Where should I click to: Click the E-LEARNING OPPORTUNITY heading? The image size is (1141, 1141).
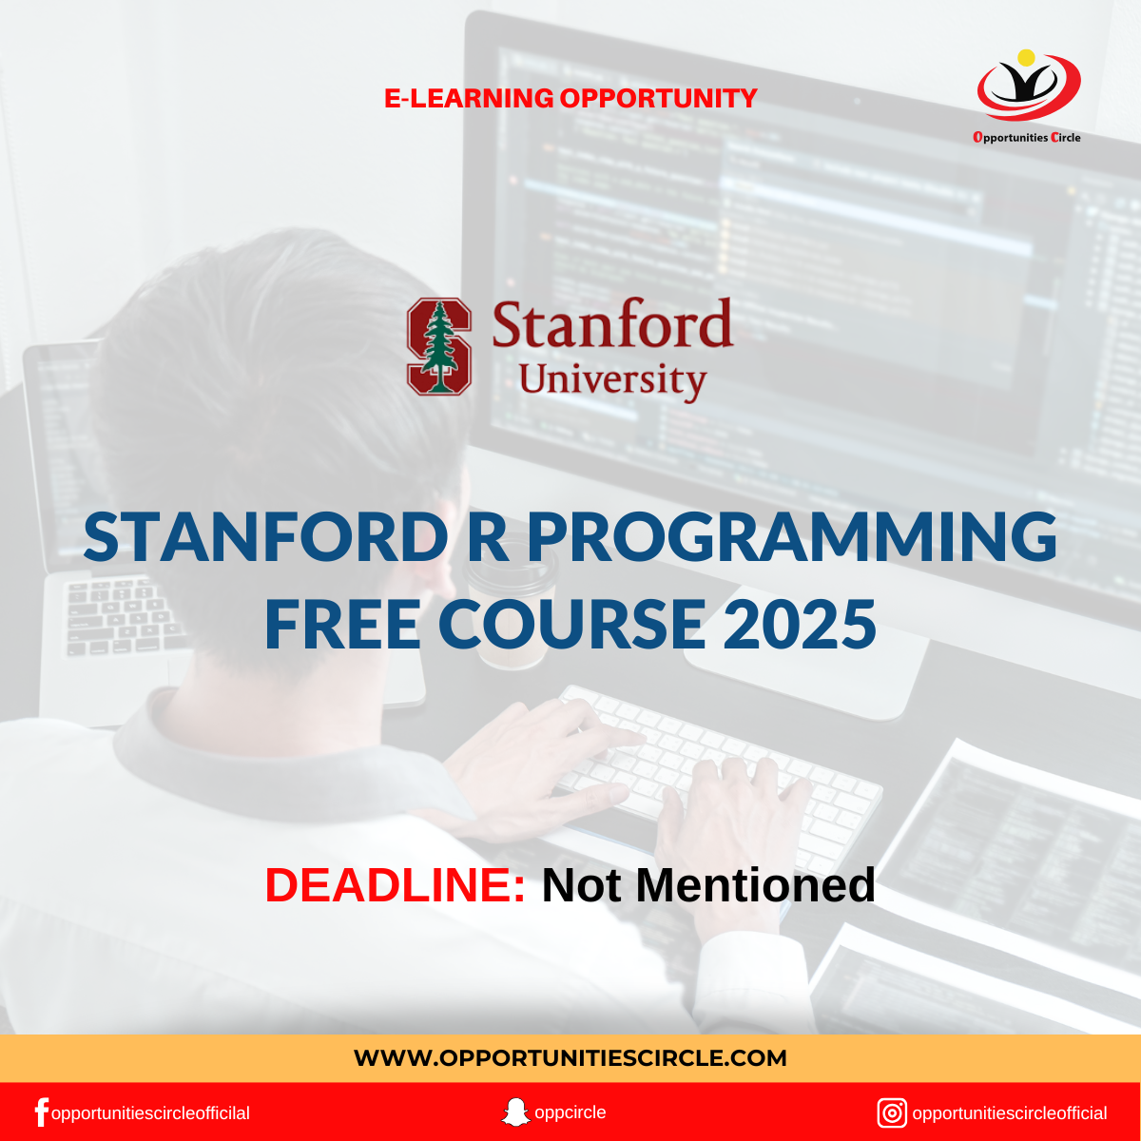[x=570, y=98]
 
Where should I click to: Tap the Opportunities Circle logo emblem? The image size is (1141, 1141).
[x=1029, y=86]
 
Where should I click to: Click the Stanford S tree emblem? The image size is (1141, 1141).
[x=438, y=346]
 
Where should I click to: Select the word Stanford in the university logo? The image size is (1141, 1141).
[x=612, y=323]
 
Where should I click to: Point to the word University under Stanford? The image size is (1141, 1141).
[x=612, y=380]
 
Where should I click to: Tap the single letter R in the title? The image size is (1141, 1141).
[x=488, y=537]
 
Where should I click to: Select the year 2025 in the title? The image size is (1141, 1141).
[x=800, y=624]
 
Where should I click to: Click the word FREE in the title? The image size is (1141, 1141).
[x=342, y=624]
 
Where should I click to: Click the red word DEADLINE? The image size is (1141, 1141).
[x=395, y=885]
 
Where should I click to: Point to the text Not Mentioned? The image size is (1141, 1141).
[x=708, y=885]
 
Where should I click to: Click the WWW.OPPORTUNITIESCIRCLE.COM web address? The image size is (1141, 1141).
[x=570, y=1058]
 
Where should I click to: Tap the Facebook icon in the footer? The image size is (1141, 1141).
[x=42, y=1112]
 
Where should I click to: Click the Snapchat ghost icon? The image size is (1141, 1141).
[x=515, y=1112]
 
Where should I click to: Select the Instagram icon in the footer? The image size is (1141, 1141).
[x=892, y=1113]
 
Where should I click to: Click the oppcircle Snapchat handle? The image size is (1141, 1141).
[x=570, y=1112]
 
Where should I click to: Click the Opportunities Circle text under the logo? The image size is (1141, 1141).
[x=1027, y=137]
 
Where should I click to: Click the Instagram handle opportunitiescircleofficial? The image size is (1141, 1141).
[x=1010, y=1113]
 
